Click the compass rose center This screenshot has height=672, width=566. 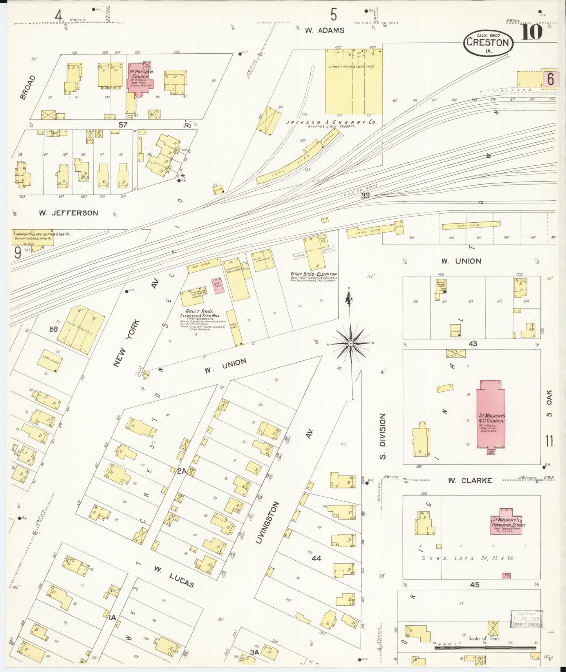click(351, 343)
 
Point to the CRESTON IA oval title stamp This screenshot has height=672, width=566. click(488, 43)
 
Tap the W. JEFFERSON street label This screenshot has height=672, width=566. click(69, 213)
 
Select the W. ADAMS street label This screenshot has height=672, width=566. click(325, 30)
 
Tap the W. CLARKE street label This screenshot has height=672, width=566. click(470, 480)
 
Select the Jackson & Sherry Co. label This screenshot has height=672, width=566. click(331, 122)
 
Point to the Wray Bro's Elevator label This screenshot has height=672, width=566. click(314, 274)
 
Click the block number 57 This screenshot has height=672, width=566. click(123, 125)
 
